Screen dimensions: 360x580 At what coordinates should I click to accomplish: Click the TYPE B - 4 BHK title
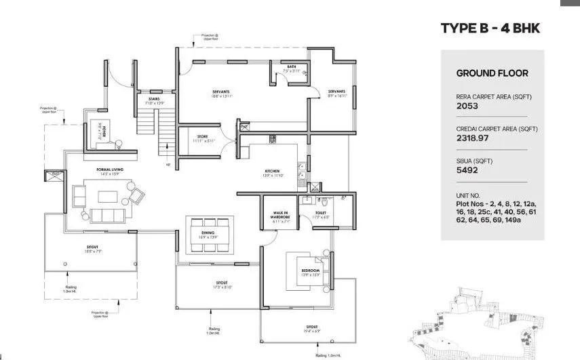[x=490, y=28]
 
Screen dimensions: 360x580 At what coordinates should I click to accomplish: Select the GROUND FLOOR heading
[x=492, y=73]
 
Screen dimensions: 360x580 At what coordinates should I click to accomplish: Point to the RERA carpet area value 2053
[x=467, y=106]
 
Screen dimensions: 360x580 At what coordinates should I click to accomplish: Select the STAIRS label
[x=154, y=99]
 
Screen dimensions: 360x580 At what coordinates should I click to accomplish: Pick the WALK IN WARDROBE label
[x=280, y=215]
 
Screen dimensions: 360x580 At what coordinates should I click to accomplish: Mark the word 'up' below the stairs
[x=168, y=163]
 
